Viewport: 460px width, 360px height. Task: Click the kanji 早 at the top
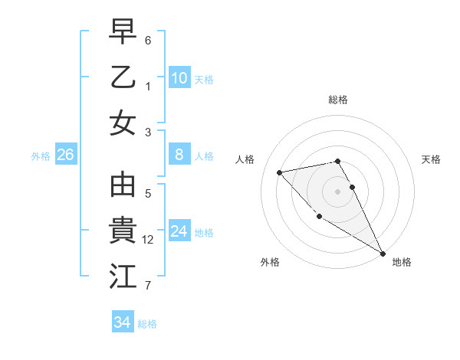tap(123, 31)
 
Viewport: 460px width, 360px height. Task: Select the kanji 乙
tap(123, 77)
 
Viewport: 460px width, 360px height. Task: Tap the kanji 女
tap(123, 123)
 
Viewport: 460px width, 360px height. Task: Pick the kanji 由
tap(123, 186)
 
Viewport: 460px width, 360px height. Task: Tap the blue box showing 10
tap(179, 78)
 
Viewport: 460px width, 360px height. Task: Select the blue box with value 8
tap(179, 155)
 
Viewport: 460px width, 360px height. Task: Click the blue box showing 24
tap(179, 231)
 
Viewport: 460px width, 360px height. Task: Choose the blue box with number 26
tap(65, 155)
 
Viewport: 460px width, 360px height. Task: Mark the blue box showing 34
tap(122, 322)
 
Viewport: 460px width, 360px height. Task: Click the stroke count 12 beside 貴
tap(148, 240)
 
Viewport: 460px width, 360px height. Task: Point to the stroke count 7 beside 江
tap(148, 286)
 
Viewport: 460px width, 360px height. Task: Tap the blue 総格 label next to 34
tap(147, 324)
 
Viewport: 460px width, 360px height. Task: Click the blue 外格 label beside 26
tap(41, 156)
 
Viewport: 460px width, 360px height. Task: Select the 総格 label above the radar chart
tap(337, 100)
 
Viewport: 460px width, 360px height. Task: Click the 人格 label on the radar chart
tap(245, 159)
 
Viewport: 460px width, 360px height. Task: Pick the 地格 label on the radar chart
tap(402, 262)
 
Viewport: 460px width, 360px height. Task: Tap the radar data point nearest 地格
tap(383, 254)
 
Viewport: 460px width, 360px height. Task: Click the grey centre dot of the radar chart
tap(337, 191)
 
